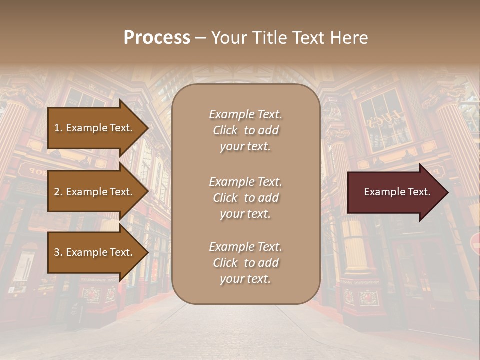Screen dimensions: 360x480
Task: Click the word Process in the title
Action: (157, 38)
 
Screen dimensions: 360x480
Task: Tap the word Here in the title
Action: (349, 38)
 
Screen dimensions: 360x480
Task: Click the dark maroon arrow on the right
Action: (395, 192)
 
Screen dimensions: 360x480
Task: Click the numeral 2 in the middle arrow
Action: (57, 192)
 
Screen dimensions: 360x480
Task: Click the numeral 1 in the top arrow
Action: (57, 128)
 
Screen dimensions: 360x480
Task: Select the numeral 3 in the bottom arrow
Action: (57, 252)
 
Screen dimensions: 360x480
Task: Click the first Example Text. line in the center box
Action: (245, 114)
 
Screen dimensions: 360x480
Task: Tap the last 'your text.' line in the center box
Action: (245, 279)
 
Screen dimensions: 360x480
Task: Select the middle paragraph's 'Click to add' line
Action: (245, 198)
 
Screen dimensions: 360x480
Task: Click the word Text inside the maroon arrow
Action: (419, 192)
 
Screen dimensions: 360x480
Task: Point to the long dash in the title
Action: (200, 38)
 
